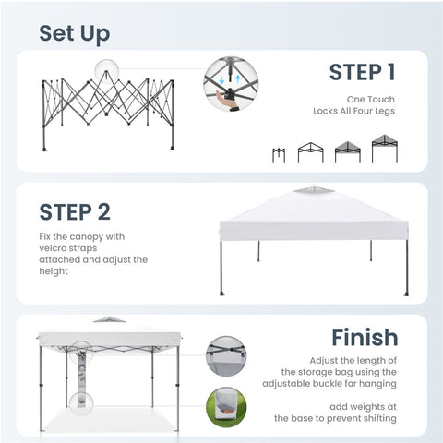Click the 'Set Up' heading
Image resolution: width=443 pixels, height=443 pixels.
point(75,34)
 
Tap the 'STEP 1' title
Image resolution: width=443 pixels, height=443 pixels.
point(362,72)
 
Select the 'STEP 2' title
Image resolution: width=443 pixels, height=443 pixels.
point(75,212)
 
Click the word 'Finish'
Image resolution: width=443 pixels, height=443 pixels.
point(365,338)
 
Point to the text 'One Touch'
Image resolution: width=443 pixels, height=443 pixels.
point(371,99)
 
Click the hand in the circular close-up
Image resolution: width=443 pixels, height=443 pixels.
point(225,100)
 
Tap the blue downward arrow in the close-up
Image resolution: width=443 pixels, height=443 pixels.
point(221,80)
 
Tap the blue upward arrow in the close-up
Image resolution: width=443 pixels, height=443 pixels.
point(237,79)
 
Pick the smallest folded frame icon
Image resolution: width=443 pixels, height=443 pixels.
point(279,155)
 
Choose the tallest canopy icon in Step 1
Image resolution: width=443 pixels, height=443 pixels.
point(385,149)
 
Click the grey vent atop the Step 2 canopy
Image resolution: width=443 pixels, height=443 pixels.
point(314,190)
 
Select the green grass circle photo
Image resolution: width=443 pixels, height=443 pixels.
point(226,407)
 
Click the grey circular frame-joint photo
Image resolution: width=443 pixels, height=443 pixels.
point(226,356)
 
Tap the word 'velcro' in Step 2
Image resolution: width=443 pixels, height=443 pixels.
point(53,248)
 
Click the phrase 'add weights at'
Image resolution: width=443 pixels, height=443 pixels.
point(363,407)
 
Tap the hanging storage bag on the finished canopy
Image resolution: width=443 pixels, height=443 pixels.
point(81,378)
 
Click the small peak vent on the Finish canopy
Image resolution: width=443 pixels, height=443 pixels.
point(109,319)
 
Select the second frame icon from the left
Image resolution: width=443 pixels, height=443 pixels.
point(311,152)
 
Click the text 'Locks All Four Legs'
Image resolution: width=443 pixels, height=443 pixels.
point(353,111)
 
